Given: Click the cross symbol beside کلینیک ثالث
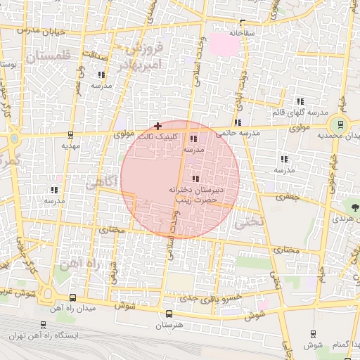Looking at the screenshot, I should [x=157, y=125].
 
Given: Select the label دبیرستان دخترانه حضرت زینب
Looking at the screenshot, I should [x=195, y=195].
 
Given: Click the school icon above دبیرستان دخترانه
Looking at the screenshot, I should [x=195, y=179].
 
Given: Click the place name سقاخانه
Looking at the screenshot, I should [x=242, y=32].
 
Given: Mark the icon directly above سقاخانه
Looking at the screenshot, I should [x=243, y=22].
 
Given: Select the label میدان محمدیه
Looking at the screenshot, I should [x=337, y=135].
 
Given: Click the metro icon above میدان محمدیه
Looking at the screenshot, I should [x=341, y=124].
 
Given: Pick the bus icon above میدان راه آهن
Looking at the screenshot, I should [x=74, y=297].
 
